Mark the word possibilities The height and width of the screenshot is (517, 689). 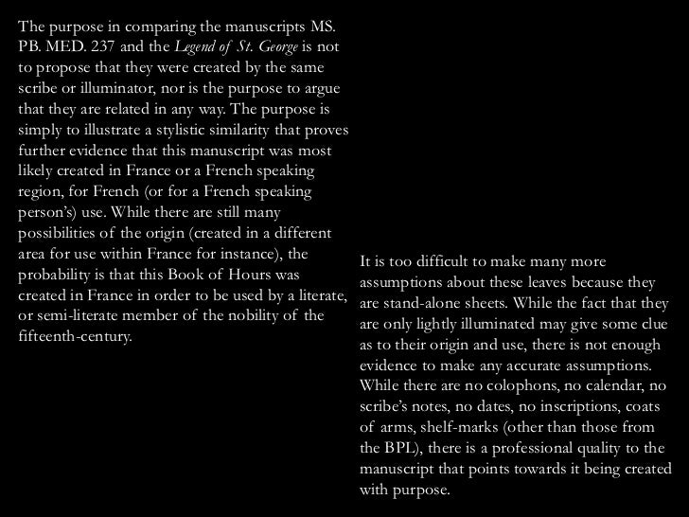point(61,234)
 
